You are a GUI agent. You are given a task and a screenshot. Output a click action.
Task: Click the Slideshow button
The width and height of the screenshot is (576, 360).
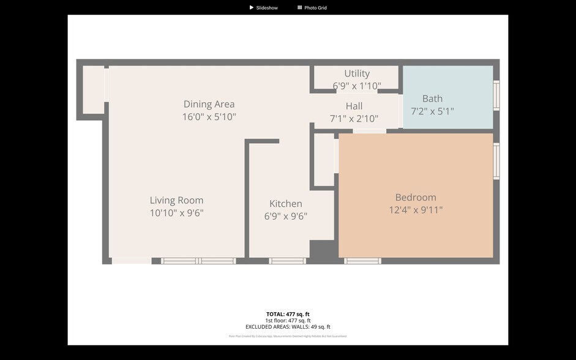tap(263, 8)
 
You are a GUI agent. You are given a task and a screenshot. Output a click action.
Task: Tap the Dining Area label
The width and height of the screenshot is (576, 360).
tap(209, 104)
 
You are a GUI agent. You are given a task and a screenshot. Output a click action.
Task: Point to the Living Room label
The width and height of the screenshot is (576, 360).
tap(176, 200)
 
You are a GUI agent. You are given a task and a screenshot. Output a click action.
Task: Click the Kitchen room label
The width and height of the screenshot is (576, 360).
tap(285, 204)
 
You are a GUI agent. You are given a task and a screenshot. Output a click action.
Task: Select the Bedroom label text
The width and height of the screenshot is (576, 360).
tap(416, 197)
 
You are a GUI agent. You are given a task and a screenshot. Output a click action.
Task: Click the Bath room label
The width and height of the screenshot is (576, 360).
tap(432, 99)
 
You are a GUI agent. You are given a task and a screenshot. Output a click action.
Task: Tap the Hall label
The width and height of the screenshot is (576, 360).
tap(354, 106)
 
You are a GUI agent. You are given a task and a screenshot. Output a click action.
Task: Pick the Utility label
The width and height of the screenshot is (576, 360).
tap(357, 73)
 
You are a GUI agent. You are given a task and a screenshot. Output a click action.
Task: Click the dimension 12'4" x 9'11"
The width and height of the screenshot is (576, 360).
tap(416, 210)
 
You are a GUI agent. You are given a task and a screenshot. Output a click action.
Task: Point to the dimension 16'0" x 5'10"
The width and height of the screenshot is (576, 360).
tap(209, 117)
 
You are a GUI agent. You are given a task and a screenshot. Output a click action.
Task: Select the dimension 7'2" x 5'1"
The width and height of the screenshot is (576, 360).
tap(432, 111)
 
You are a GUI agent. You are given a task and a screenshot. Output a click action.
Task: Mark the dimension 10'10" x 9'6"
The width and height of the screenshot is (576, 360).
tap(176, 213)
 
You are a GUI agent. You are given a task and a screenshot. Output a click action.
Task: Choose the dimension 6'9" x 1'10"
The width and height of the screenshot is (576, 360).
tap(357, 86)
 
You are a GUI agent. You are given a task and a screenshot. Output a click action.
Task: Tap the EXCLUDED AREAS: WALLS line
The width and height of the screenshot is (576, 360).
tap(288, 327)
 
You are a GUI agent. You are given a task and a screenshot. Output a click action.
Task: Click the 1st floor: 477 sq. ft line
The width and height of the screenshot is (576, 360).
tap(288, 321)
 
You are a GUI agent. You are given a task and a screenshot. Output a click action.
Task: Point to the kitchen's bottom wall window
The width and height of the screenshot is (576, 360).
tap(287, 261)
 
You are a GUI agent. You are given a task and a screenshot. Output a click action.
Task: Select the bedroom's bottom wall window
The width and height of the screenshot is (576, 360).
tap(362, 261)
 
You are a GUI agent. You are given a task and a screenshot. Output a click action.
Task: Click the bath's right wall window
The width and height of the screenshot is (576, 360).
tap(496, 96)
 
